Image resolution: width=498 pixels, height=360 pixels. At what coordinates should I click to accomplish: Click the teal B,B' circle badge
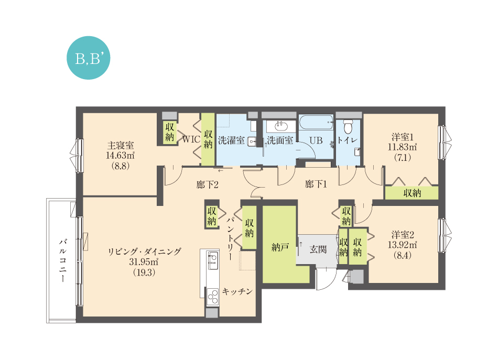[x=88, y=58]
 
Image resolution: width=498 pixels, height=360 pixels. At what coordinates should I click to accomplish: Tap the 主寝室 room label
[x=121, y=145]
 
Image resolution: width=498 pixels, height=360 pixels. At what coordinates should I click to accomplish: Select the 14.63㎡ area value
[x=120, y=156]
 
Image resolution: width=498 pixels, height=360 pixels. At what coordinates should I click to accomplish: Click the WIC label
[x=191, y=139]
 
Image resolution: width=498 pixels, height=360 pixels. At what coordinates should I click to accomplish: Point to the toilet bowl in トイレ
[x=349, y=126]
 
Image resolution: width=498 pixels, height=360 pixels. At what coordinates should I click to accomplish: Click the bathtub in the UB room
[x=316, y=123]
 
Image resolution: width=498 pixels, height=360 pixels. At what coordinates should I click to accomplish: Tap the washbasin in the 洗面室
[x=280, y=126]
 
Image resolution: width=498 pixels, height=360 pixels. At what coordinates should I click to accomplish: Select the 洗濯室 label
[x=231, y=140]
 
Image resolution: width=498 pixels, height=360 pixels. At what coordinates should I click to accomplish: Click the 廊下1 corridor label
[x=316, y=184]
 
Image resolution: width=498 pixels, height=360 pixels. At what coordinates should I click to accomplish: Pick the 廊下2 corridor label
[x=207, y=185]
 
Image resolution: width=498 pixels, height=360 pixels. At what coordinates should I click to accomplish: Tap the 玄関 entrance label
[x=318, y=249]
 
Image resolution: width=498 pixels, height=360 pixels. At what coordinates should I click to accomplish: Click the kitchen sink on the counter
[x=212, y=260]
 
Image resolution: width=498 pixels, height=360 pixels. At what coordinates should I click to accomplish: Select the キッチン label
[x=237, y=291]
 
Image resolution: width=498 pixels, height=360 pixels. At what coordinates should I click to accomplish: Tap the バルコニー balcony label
[x=63, y=260]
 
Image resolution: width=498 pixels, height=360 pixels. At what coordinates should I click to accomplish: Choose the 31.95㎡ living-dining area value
[x=144, y=262]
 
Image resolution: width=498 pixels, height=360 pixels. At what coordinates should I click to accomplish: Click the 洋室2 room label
[x=403, y=235]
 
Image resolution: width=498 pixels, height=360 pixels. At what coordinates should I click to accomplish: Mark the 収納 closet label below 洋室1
[x=412, y=193]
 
